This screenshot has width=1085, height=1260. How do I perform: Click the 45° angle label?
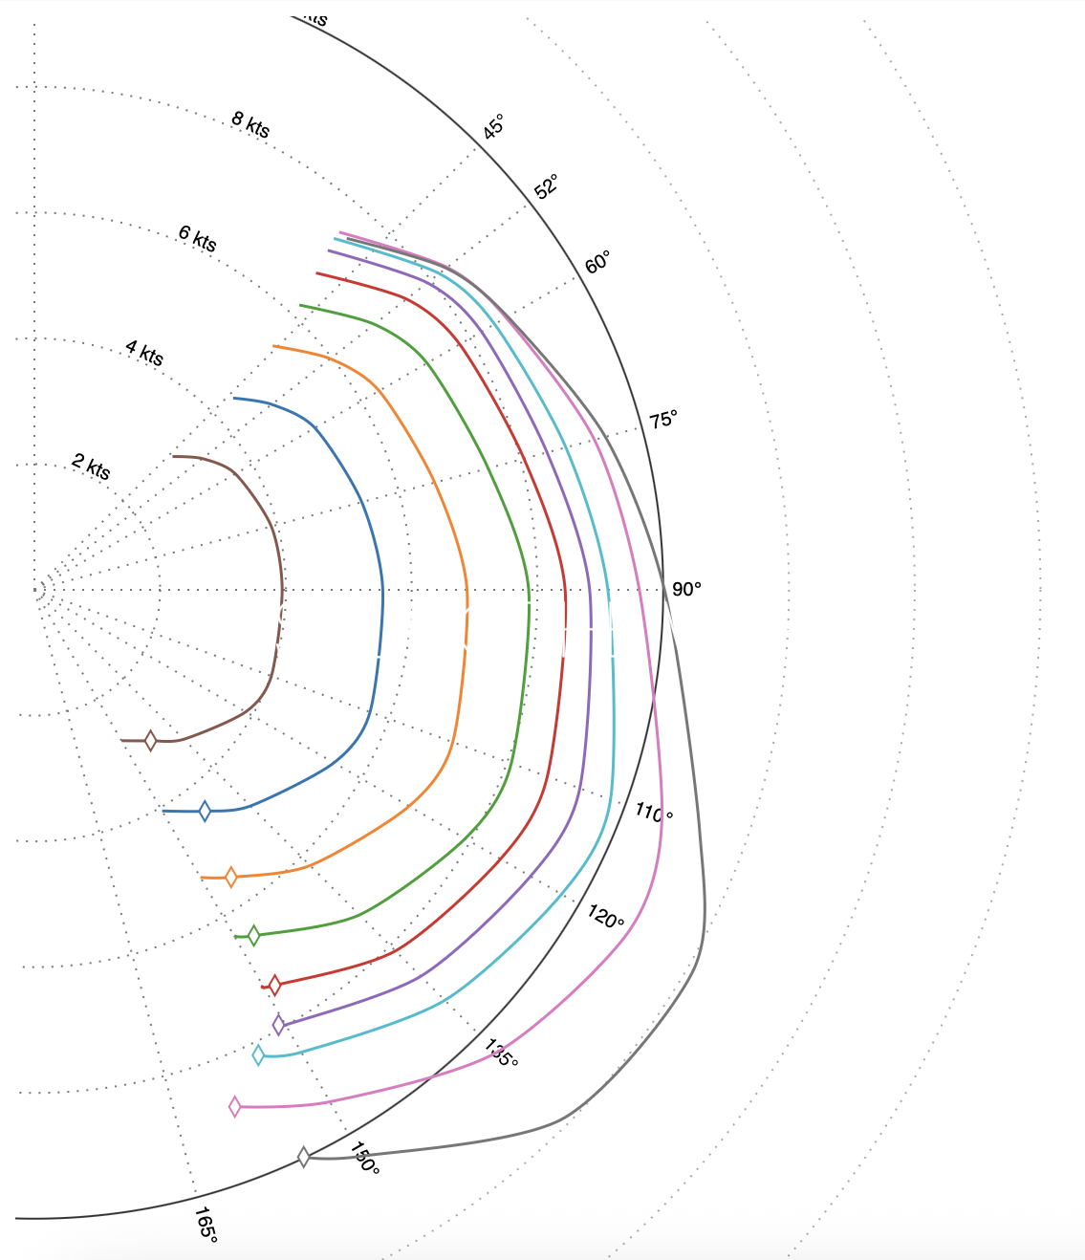pos(492,127)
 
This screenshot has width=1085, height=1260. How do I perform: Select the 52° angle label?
pos(546,186)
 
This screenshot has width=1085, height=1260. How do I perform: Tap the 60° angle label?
pos(597,262)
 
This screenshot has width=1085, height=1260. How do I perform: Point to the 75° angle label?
pos(663,420)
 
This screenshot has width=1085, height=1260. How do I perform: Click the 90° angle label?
pos(686,590)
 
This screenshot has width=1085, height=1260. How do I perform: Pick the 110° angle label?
pos(654,813)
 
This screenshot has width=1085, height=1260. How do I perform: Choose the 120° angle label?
pos(606,918)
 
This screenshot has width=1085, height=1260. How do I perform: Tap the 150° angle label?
pos(364,1159)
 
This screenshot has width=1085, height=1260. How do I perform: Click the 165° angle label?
pos(206,1225)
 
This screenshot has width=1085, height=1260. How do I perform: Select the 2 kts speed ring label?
pos(91,467)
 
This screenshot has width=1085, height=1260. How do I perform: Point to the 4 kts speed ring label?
pos(144,353)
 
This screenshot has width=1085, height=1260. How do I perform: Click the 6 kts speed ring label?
pos(198,238)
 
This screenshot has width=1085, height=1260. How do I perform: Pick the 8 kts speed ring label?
pos(250,124)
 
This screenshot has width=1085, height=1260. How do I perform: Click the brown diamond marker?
pos(150,741)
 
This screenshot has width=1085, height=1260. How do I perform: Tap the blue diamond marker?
pos(205,812)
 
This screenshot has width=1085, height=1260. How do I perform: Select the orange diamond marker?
pos(230,877)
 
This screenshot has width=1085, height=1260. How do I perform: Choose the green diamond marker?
pos(253,936)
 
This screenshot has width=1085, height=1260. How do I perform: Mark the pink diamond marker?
pos(235,1107)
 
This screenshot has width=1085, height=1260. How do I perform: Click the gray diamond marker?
pos(304,1157)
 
